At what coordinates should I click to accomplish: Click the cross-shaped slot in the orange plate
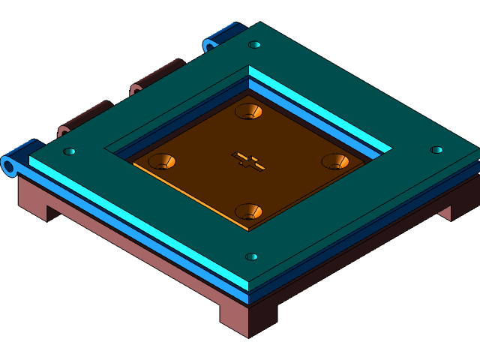(x=248, y=160)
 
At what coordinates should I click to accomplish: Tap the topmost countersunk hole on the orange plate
(x=248, y=112)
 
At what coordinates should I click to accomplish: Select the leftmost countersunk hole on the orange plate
(x=161, y=160)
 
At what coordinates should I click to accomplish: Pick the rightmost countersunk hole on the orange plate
(x=335, y=161)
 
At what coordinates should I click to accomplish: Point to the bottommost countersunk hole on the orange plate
(x=248, y=211)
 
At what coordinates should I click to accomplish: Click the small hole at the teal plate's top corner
(x=255, y=45)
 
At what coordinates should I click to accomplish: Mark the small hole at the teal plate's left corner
(x=69, y=151)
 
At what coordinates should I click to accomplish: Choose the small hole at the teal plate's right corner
(x=436, y=150)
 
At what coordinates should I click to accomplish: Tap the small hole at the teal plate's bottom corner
(x=252, y=256)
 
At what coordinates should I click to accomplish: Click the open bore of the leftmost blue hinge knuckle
(x=10, y=166)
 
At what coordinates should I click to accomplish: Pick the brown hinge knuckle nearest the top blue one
(x=157, y=76)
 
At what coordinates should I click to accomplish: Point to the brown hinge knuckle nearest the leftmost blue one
(x=85, y=116)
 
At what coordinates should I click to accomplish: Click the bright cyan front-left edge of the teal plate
(x=135, y=222)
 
